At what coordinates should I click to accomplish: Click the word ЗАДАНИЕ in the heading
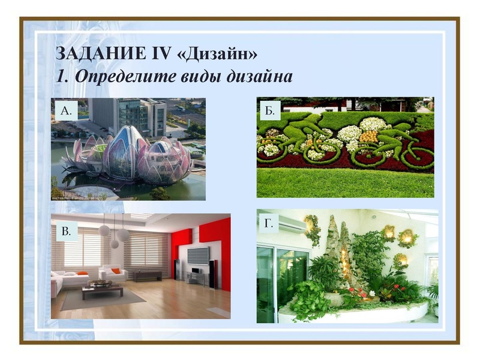click(91, 53)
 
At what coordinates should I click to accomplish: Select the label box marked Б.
click(270, 110)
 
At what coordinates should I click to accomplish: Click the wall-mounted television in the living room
click(199, 255)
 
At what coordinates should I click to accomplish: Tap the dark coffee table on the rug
click(102, 290)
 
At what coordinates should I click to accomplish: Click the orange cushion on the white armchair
click(116, 271)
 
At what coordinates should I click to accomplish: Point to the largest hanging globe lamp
click(123, 235)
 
